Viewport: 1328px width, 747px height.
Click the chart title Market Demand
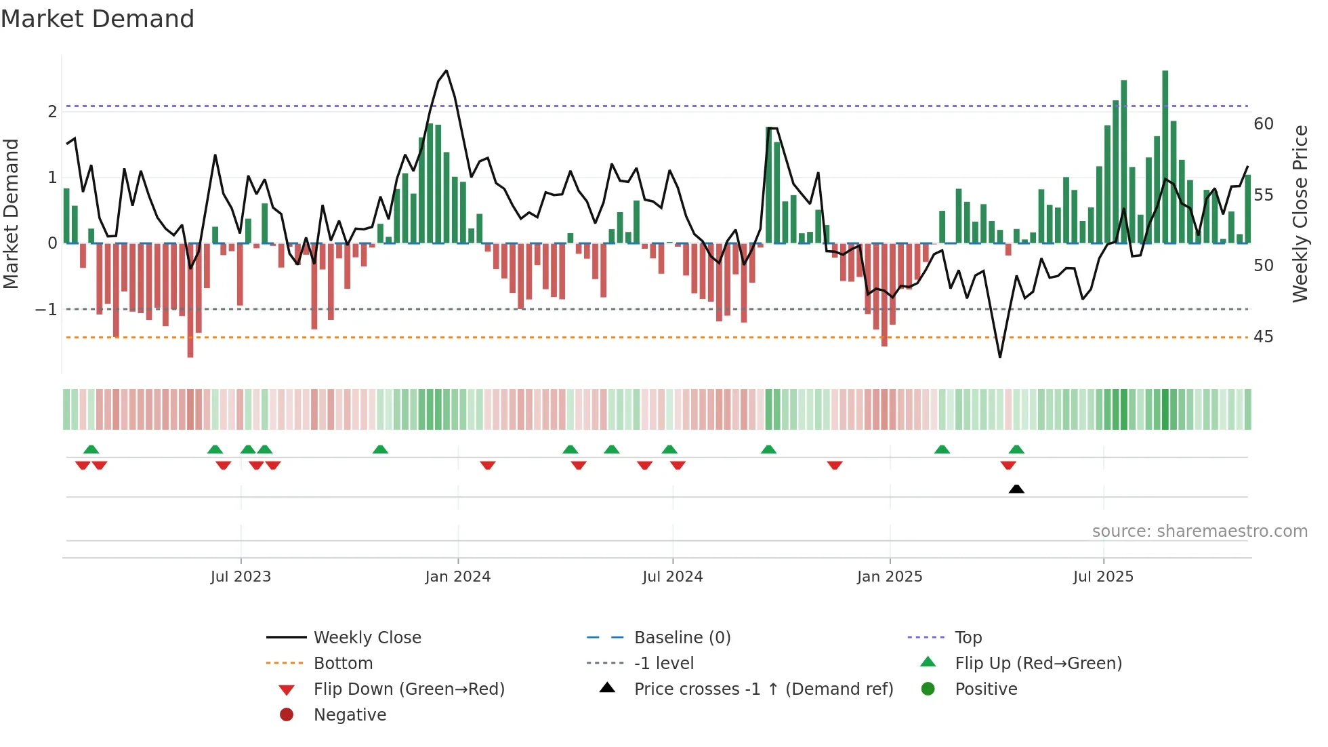pos(98,19)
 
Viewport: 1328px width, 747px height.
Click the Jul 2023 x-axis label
pos(241,577)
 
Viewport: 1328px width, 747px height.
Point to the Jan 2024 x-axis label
pos(457,577)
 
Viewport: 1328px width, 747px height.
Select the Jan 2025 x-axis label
pos(889,577)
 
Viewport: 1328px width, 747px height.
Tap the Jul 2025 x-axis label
pos(1103,577)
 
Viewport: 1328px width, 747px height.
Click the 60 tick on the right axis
pos(1263,124)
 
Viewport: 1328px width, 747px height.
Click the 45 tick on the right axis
pos(1263,337)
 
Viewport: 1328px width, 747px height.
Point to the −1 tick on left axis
pos(46,310)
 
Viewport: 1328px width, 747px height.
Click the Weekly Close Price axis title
pos(1300,214)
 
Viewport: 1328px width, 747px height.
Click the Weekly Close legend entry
pos(367,638)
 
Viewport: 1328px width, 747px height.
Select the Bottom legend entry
pos(343,664)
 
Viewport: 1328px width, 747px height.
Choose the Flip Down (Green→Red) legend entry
pos(409,689)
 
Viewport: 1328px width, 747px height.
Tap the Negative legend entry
pos(350,715)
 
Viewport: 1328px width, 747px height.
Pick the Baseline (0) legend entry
pos(682,638)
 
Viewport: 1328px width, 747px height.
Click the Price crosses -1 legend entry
pos(763,689)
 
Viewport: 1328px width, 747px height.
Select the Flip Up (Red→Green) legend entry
pos(1038,664)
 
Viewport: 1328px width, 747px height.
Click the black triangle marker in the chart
pos(1016,489)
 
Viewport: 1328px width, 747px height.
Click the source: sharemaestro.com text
pos(1199,531)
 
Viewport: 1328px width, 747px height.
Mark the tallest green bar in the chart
pos(1165,156)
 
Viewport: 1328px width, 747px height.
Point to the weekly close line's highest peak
pos(446,70)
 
